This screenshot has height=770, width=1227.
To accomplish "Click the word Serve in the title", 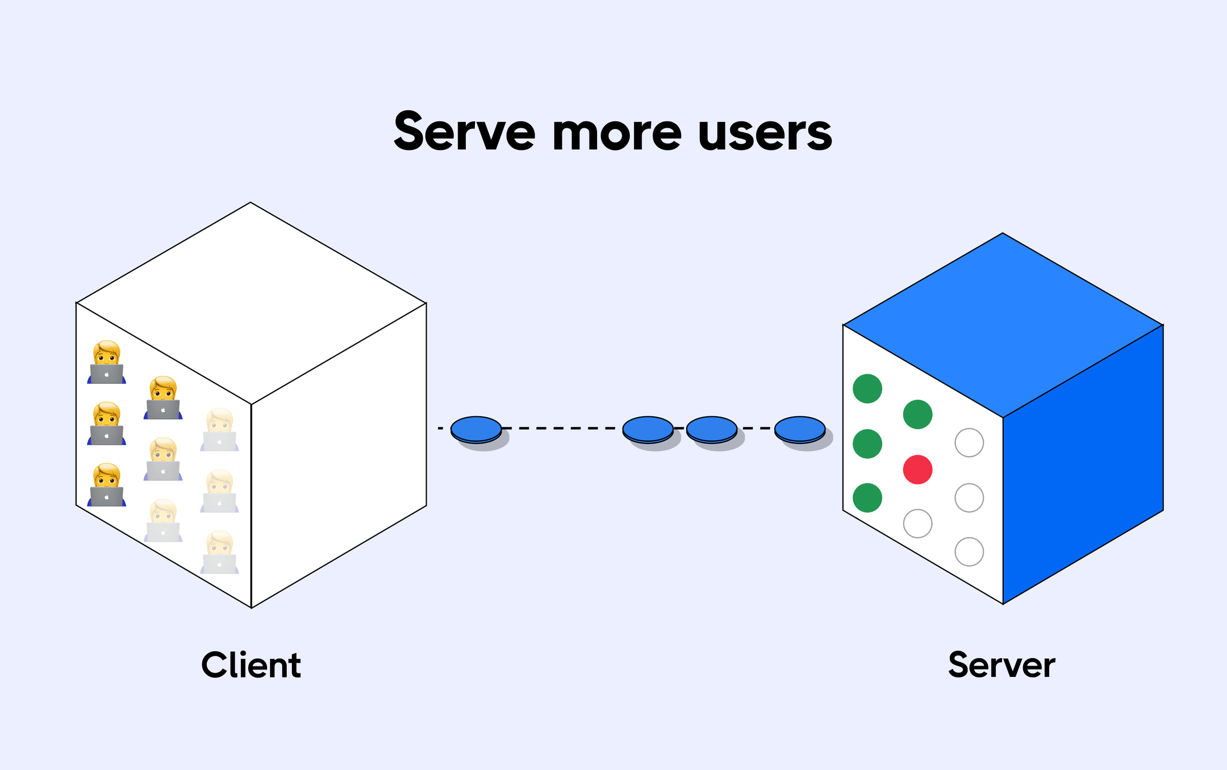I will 464,132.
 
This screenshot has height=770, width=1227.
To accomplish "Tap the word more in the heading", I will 616,134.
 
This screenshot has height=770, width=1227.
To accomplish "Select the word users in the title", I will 765,134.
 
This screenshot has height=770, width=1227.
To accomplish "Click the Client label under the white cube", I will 251,665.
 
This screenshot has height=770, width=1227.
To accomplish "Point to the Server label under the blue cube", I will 1001,665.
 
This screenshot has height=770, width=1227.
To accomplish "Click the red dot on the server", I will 917,470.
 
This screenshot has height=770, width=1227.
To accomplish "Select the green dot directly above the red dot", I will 917,414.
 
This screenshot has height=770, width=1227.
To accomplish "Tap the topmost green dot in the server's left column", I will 867,388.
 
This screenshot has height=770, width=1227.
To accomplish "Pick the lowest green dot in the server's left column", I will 867,498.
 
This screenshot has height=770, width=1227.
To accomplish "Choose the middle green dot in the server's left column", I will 867,443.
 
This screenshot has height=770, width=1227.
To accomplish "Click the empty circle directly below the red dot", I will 917,524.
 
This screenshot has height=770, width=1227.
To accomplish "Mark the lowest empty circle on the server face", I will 969,551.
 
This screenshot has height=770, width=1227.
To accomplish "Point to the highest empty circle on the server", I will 969,442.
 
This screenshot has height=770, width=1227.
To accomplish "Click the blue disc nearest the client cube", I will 476,429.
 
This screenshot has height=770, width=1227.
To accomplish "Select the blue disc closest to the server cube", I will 800,429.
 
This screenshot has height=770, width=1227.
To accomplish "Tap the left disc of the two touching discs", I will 648,429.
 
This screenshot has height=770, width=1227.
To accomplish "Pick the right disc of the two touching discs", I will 712,429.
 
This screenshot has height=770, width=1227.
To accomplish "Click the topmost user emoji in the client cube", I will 106,362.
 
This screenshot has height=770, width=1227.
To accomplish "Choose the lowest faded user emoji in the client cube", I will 219,552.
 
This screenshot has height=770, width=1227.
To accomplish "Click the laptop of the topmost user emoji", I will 106,374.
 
